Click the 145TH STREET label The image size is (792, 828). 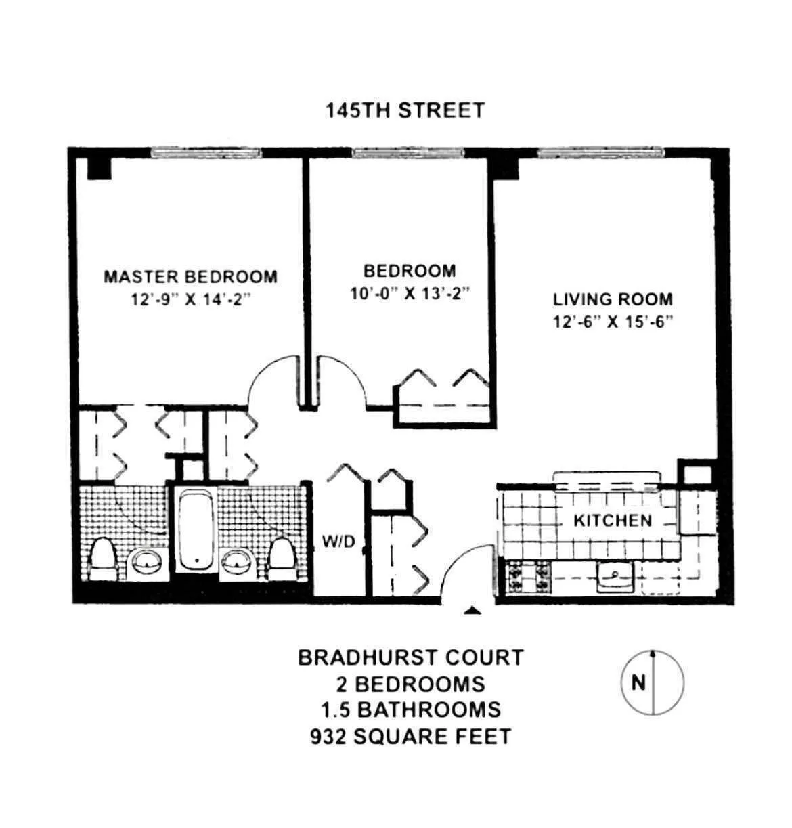[405, 110]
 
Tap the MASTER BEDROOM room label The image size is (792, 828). [190, 276]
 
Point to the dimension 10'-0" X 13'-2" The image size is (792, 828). [410, 294]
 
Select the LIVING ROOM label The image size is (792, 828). [613, 299]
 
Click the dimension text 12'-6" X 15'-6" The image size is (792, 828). [613, 322]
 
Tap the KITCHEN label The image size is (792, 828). [612, 520]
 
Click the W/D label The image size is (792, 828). [338, 541]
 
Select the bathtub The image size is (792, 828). [196, 529]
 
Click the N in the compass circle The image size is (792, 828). [638, 682]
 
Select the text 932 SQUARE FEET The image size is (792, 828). [410, 736]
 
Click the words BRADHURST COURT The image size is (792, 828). [411, 657]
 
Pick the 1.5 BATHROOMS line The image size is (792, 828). [411, 710]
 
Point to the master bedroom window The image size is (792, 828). [206, 153]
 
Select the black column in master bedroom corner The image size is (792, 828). [99, 168]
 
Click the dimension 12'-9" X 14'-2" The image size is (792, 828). [190, 299]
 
